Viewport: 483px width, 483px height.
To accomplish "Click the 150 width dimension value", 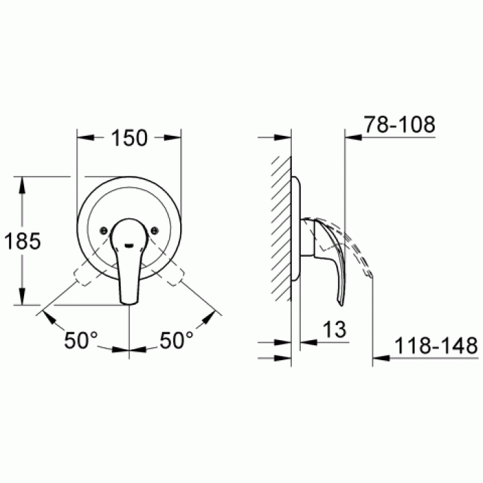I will (129, 137).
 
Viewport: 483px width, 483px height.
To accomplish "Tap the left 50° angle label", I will (81, 340).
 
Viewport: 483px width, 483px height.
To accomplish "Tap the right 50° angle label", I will (177, 340).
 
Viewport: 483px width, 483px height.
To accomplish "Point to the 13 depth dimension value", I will (334, 330).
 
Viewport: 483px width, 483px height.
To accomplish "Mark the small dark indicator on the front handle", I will (130, 242).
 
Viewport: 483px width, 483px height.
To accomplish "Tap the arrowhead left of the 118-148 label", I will (379, 357).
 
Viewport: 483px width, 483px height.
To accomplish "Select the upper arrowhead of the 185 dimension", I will (23, 182).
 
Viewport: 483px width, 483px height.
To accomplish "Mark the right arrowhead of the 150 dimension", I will (175, 137).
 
